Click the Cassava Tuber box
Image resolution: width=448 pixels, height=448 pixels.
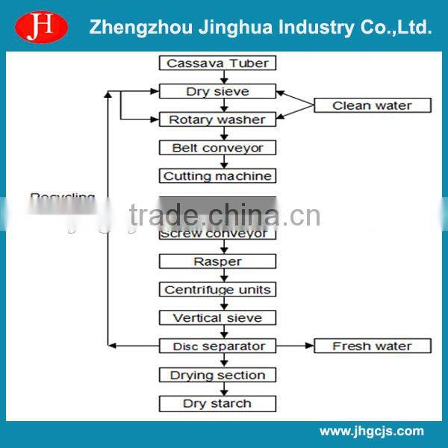pos(217,63)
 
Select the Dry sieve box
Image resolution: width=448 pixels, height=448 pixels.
pos(217,92)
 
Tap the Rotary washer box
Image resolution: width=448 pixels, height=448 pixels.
pos(217,119)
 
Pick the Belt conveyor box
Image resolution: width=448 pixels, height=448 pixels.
pos(217,148)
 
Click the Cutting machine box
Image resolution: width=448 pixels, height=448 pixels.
pos(217,176)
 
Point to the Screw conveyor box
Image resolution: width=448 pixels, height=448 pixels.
pos(217,233)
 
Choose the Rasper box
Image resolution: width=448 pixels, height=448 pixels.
pos(217,261)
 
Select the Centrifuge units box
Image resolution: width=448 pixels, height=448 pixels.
pos(217,290)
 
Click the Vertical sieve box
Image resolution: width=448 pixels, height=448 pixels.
pos(217,318)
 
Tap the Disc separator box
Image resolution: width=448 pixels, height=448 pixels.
pos(217,346)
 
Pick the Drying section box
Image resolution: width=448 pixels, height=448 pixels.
pos(217,375)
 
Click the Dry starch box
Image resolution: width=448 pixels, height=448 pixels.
pos(217,404)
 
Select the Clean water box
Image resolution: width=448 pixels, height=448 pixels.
pos(372,105)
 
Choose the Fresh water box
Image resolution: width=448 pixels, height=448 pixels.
pos(372,346)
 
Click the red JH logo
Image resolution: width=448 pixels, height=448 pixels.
pos(42,27)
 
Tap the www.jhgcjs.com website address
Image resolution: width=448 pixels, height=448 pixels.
pos(371,431)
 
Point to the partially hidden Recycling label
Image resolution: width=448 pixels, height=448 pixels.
pos(63,198)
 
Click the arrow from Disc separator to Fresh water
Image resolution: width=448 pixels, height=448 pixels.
pos(294,346)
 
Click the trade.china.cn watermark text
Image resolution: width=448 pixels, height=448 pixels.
pos(224,216)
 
